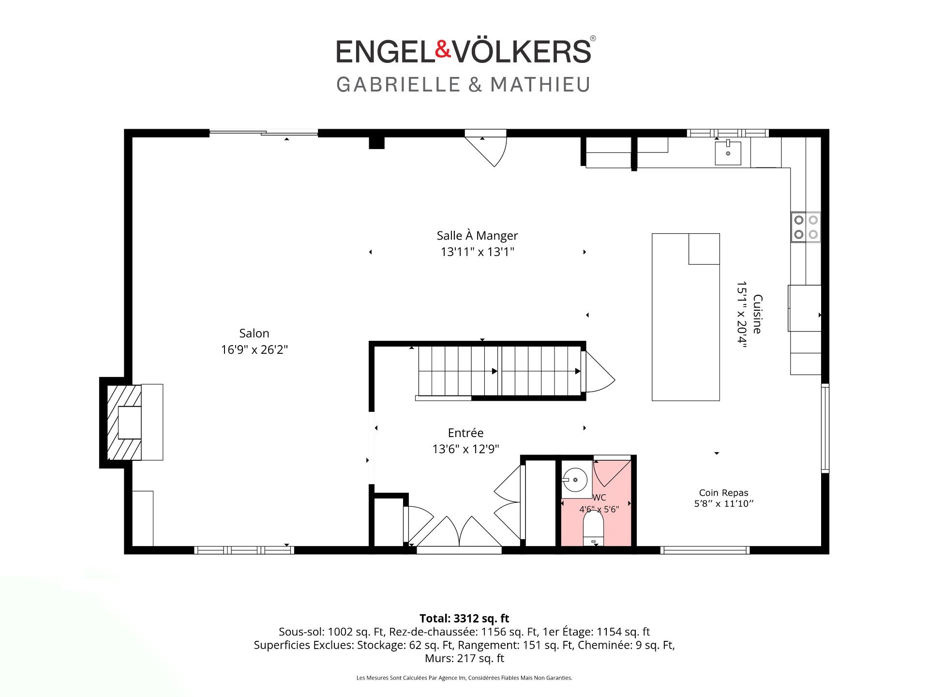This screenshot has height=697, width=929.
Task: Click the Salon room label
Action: pyautogui.click(x=254, y=333)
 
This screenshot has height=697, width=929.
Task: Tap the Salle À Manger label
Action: pyautogui.click(x=477, y=236)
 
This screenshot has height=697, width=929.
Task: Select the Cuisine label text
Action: pyautogui.click(x=758, y=314)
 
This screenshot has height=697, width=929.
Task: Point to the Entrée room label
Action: pyautogui.click(x=465, y=433)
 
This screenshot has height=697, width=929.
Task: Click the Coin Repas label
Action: pyautogui.click(x=723, y=493)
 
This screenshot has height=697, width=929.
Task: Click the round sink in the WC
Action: pyautogui.click(x=575, y=480)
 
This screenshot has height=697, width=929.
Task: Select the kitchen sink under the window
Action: pyautogui.click(x=728, y=152)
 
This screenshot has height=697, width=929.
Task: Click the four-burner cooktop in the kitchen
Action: pyautogui.click(x=806, y=227)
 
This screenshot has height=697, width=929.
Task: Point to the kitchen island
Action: pyautogui.click(x=686, y=317)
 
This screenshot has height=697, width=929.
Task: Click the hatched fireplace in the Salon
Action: pyautogui.click(x=124, y=423)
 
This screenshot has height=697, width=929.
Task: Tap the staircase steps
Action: pyautogui.click(x=499, y=371)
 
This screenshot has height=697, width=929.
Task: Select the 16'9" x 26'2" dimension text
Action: pyautogui.click(x=254, y=349)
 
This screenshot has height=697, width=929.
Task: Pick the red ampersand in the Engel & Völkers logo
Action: pyautogui.click(x=443, y=50)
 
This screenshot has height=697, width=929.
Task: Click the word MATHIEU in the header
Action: pyautogui.click(x=540, y=85)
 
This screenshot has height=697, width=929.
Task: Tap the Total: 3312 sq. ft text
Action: pyautogui.click(x=464, y=618)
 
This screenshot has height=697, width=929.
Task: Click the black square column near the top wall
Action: pyautogui.click(x=376, y=143)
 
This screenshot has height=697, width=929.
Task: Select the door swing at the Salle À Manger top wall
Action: pyautogui.click(x=486, y=148)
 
